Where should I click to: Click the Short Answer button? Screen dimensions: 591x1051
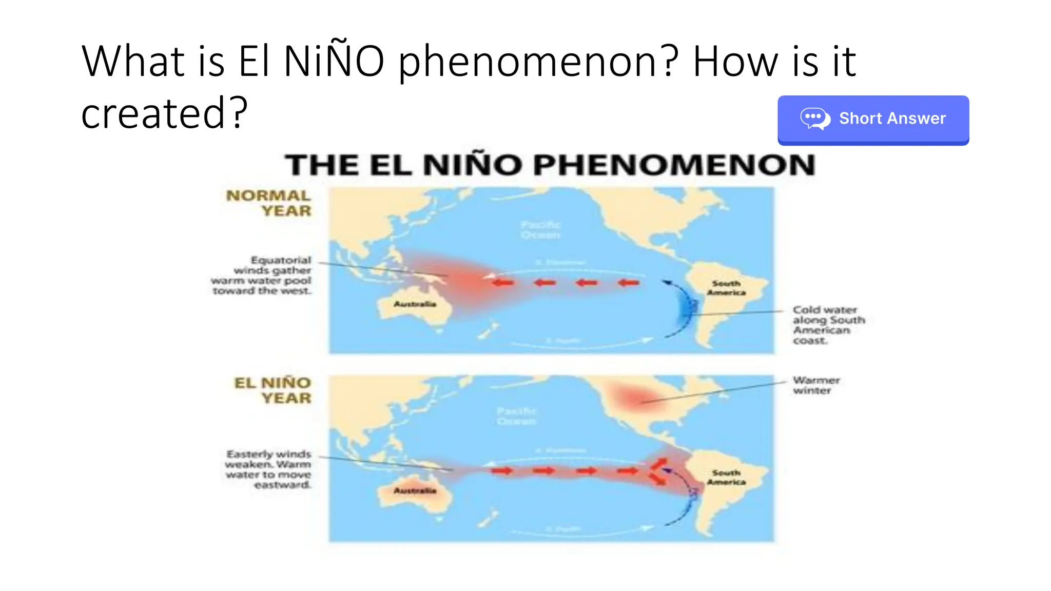point(872,119)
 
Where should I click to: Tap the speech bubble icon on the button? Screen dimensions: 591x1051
point(815,119)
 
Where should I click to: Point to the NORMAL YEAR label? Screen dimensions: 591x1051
point(269,203)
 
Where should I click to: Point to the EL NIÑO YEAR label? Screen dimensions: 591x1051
point(273,390)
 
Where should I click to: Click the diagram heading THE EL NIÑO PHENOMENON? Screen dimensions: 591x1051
point(550,165)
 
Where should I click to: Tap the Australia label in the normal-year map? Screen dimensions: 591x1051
point(415,304)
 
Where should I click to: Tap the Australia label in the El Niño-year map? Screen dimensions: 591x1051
point(415,491)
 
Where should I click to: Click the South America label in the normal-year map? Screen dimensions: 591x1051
point(726,288)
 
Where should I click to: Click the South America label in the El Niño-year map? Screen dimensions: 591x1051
point(726,477)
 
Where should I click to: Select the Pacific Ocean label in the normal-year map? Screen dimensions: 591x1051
point(541,230)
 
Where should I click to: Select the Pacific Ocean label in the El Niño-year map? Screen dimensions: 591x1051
point(517,416)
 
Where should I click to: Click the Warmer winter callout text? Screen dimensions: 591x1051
point(816,385)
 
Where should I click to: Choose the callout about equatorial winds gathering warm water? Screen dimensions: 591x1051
point(262,275)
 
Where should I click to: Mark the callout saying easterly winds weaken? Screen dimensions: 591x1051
point(268,469)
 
